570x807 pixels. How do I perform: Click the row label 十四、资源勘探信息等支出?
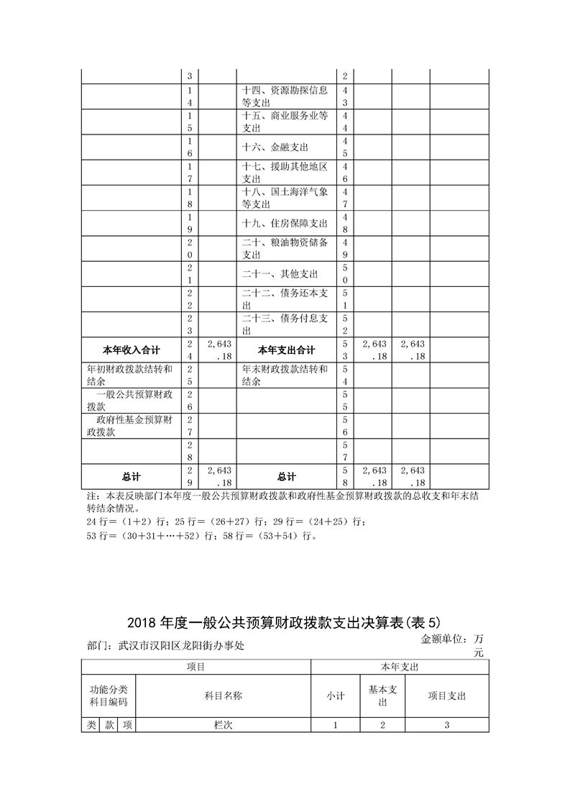pyautogui.click(x=286, y=96)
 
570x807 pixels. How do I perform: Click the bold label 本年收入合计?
pyautogui.click(x=131, y=350)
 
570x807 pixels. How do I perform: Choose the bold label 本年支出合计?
pyautogui.click(x=286, y=350)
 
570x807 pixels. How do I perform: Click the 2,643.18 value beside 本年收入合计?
pyautogui.click(x=217, y=350)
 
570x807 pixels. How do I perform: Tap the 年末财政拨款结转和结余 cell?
pyautogui.click(x=285, y=375)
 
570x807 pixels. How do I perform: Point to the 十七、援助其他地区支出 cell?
pyautogui.click(x=285, y=173)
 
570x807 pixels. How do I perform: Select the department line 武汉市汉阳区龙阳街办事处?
pyautogui.click(x=165, y=646)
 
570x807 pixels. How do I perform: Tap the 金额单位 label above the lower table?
pyautogui.click(x=452, y=639)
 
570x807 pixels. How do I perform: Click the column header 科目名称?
pyautogui.click(x=223, y=696)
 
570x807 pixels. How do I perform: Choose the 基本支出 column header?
pyautogui.click(x=382, y=696)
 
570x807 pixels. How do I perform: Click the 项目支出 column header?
pyautogui.click(x=447, y=696)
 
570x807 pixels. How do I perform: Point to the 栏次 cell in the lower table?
pyautogui.click(x=223, y=726)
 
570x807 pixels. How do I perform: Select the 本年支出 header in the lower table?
pyautogui.click(x=400, y=667)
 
